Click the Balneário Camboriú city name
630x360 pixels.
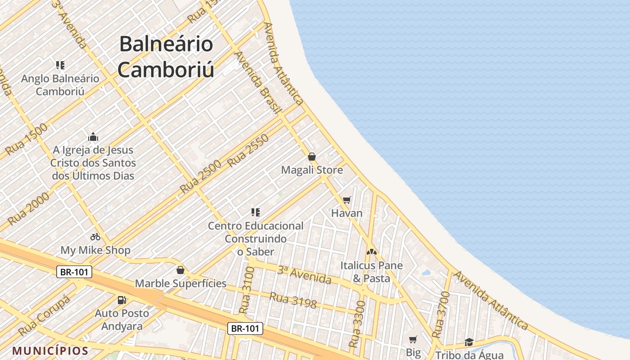pos(166,57)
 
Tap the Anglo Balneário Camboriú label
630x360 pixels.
pos(60,85)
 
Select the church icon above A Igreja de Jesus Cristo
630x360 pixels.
pos(93,137)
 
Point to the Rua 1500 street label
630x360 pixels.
pos(27,139)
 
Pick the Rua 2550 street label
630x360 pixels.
pos(248,151)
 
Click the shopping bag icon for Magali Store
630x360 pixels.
pos(312,157)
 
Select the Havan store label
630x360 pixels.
pos(346,213)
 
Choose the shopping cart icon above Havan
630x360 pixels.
pos(346,200)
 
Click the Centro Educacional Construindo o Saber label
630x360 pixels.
pos(256,238)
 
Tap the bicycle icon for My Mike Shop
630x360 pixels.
pos(95,236)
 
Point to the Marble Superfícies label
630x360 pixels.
pos(181,283)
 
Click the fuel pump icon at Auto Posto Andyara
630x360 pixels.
pos(121,300)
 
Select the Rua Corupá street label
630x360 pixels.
pos(45,315)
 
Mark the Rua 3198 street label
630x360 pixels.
pos(293,300)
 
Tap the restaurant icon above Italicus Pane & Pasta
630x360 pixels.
pos(371,252)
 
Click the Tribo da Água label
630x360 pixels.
pos(469,355)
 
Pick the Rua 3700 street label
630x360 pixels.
pos(441,315)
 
